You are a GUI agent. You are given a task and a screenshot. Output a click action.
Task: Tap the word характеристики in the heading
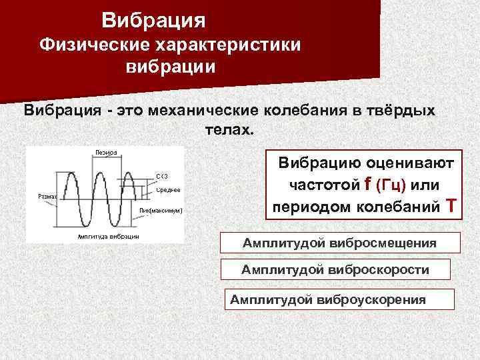pyautogui.click(x=229, y=45)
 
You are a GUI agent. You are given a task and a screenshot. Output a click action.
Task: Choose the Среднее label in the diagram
pyautogui.click(x=168, y=191)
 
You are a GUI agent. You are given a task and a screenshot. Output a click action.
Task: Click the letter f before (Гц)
pyautogui.click(x=369, y=183)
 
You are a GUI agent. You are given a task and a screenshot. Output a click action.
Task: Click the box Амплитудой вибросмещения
pyautogui.click(x=340, y=243)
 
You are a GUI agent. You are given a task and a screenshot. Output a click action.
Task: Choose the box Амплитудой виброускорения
pyautogui.click(x=340, y=299)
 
